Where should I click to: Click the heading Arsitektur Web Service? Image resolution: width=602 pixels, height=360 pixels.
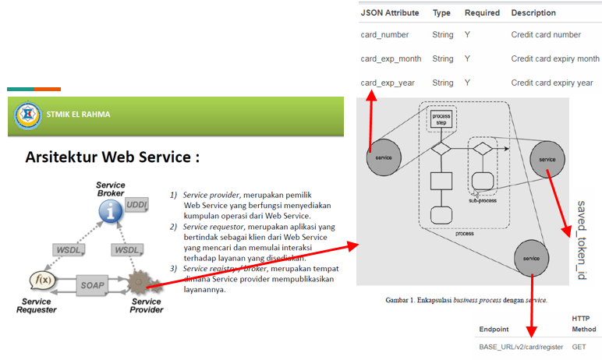112,157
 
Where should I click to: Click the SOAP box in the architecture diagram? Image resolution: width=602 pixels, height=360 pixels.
93,285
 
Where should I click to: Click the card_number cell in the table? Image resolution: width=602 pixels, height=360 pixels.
385,35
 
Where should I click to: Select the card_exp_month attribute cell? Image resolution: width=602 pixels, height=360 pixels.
391,58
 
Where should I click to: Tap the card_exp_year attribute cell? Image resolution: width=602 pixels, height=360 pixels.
387,83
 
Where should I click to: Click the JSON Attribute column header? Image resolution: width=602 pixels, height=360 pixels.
390,13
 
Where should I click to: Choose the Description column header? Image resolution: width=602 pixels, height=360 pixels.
533,13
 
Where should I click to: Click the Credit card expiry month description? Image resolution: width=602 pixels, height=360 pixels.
555,58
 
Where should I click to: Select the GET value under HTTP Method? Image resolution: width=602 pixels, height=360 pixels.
579,347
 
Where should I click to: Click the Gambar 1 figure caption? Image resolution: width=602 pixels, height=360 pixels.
466,300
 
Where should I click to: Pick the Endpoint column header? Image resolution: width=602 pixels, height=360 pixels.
494,330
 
